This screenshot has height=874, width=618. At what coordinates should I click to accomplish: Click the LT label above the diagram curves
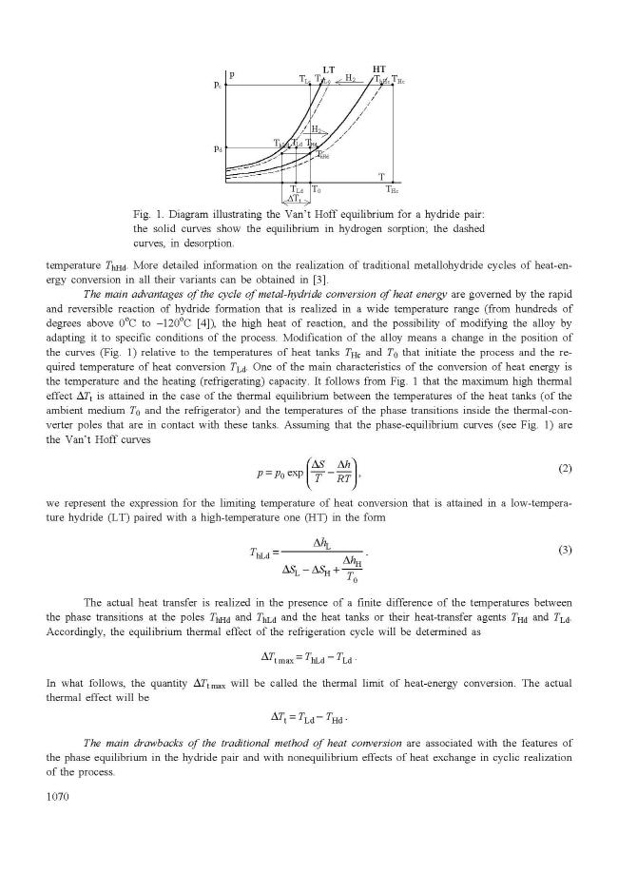pyautogui.click(x=329, y=69)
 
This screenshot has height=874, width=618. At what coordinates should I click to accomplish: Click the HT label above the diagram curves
pyautogui.click(x=378, y=69)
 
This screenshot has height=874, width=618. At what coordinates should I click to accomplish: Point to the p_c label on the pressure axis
pyautogui.click(x=219, y=86)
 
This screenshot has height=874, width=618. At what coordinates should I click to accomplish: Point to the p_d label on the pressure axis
pyautogui.click(x=219, y=148)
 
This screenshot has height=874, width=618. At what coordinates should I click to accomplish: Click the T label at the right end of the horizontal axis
pyautogui.click(x=381, y=177)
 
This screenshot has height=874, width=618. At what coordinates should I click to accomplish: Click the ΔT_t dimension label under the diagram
pyautogui.click(x=296, y=199)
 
